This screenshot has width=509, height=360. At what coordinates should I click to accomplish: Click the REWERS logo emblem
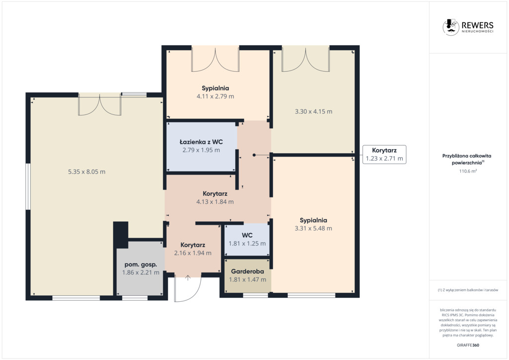(450, 27)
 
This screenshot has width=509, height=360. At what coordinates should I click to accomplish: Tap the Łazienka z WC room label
(201, 142)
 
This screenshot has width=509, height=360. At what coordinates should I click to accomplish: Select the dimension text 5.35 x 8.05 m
(86, 172)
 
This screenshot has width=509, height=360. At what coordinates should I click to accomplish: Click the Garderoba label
(248, 271)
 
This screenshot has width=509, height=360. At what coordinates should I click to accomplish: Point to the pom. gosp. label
(141, 265)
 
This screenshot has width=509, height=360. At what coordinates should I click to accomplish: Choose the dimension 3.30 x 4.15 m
(314, 111)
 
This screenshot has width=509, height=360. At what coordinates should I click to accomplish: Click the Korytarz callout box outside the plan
(384, 155)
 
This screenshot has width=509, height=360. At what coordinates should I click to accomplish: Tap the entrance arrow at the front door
(187, 278)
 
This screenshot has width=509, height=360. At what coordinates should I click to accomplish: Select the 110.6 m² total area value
(468, 171)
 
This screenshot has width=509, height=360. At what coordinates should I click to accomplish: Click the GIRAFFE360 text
(468, 345)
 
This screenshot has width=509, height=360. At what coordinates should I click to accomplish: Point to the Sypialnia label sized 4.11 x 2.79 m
(215, 89)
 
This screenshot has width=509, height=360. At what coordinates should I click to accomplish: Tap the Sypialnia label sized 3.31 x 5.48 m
(313, 220)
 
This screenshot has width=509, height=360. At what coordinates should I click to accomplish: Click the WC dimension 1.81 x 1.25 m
(247, 244)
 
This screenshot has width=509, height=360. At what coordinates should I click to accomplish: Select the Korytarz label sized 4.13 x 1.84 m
(215, 194)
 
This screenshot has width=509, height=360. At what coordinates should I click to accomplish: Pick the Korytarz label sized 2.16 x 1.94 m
(192, 245)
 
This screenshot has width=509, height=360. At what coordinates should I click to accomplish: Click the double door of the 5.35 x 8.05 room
(99, 104)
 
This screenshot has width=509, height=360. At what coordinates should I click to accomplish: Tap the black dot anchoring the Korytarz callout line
(254, 155)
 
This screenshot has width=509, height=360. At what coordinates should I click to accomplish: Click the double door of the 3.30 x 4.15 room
(306, 59)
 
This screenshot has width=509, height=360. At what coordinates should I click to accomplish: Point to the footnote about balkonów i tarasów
(468, 290)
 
